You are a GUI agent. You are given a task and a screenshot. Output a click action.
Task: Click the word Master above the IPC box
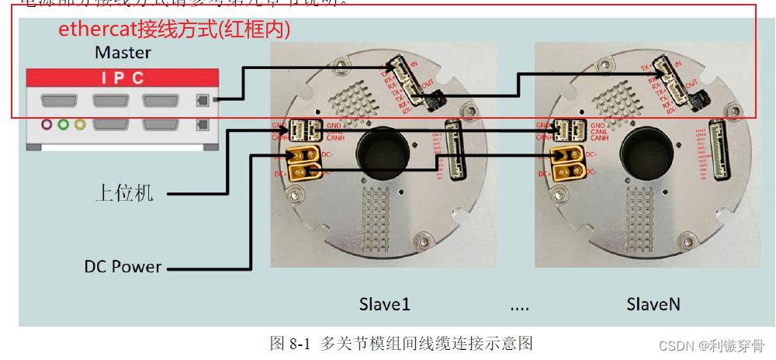pos(123,53)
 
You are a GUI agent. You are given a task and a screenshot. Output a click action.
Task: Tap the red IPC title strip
pos(123,78)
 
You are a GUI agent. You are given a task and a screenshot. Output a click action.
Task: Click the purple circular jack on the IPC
pos(47,124)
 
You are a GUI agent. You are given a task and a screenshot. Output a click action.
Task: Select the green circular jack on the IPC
pos(64,124)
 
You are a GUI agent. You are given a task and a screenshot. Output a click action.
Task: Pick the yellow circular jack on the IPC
pos(79,124)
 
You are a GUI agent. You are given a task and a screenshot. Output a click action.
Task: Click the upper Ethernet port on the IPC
pos(203,99)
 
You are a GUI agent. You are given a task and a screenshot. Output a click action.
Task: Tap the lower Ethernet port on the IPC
pos(203,124)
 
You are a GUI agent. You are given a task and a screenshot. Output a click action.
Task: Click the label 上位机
pos(124,193)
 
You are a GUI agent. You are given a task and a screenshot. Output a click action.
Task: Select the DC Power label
pos(123,266)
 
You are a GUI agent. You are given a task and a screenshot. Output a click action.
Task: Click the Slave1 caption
pos(384,303)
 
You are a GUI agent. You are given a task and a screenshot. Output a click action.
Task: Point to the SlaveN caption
pos(653,303)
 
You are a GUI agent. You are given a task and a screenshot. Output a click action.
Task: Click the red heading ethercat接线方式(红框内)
pos(175,29)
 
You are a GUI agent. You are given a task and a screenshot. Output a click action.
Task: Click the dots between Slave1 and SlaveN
pos(519,306)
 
